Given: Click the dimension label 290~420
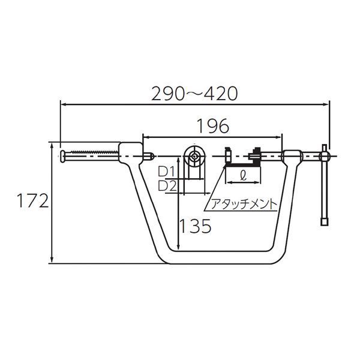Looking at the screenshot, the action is click(194, 94).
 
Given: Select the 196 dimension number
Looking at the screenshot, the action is click(213, 126).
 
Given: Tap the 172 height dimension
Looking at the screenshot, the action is click(33, 200).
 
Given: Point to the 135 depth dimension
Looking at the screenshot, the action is click(196, 226).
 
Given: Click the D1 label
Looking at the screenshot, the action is click(167, 172).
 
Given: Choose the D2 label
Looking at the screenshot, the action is click(167, 186).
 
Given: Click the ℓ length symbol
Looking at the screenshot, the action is click(243, 176).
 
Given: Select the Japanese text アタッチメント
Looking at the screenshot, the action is click(244, 204).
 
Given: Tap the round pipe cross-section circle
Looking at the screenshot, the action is click(194, 156).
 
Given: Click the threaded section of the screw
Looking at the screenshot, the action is click(95, 152).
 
